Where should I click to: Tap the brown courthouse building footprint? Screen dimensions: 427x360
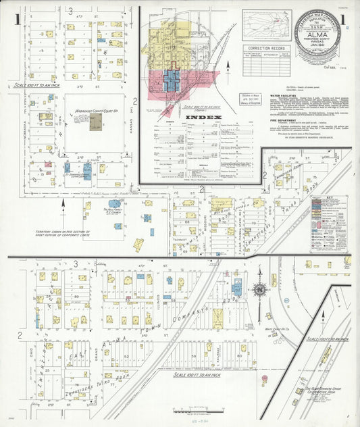click(x=96, y=122)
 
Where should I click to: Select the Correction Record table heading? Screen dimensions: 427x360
click(x=268, y=49)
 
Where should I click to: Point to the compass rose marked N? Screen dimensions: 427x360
click(x=259, y=290)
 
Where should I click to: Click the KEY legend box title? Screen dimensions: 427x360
click(x=328, y=199)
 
